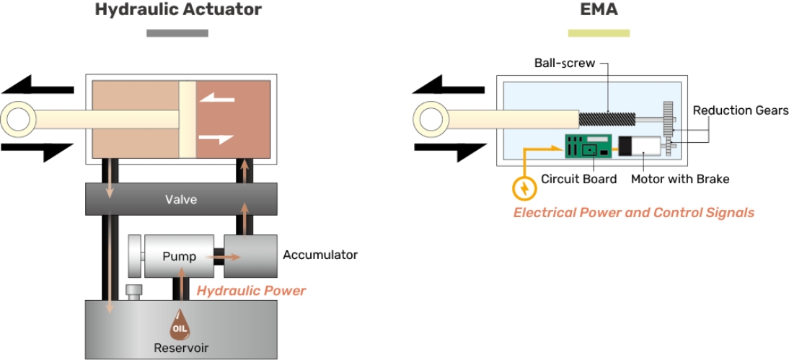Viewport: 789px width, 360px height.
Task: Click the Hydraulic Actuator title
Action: (178, 10)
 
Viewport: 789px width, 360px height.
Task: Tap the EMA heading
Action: (599, 10)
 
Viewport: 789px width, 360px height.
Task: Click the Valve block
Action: (180, 199)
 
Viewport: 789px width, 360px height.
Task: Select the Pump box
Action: (179, 256)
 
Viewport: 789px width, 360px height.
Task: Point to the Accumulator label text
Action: (320, 255)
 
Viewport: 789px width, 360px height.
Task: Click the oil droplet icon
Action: (180, 325)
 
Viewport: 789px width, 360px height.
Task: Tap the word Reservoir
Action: (181, 348)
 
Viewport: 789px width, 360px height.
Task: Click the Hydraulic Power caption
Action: (251, 291)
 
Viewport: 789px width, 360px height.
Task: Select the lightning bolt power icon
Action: (524, 189)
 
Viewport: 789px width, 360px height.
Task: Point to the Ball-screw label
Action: (565, 63)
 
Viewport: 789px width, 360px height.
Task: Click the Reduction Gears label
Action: (741, 110)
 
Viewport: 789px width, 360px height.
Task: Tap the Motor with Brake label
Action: (680, 179)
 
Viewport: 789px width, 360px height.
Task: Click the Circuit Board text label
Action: (579, 179)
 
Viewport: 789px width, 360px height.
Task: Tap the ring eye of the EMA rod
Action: (431, 118)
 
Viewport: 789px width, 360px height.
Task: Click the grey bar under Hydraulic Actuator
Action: (177, 32)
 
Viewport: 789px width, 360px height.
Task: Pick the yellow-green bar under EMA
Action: (599, 32)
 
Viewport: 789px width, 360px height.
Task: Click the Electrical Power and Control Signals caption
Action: (634, 213)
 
